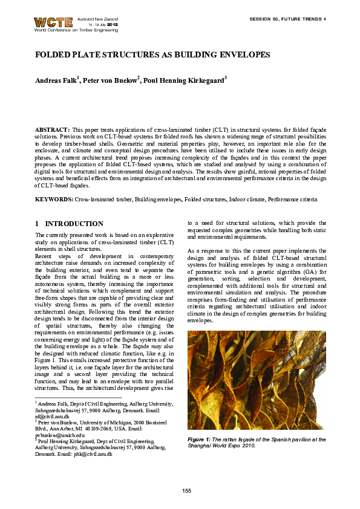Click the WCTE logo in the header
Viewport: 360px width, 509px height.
53,22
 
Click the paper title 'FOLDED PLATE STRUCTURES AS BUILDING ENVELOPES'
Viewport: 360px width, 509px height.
152,55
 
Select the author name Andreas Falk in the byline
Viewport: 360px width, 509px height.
56,80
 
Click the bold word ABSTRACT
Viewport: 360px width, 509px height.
52,130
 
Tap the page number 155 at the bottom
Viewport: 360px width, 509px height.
186,489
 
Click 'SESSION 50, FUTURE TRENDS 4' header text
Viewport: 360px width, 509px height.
287,19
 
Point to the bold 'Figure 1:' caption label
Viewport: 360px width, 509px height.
200,439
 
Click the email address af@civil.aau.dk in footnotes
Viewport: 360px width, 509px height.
52,417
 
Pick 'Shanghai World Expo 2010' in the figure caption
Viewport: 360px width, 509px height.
220,446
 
